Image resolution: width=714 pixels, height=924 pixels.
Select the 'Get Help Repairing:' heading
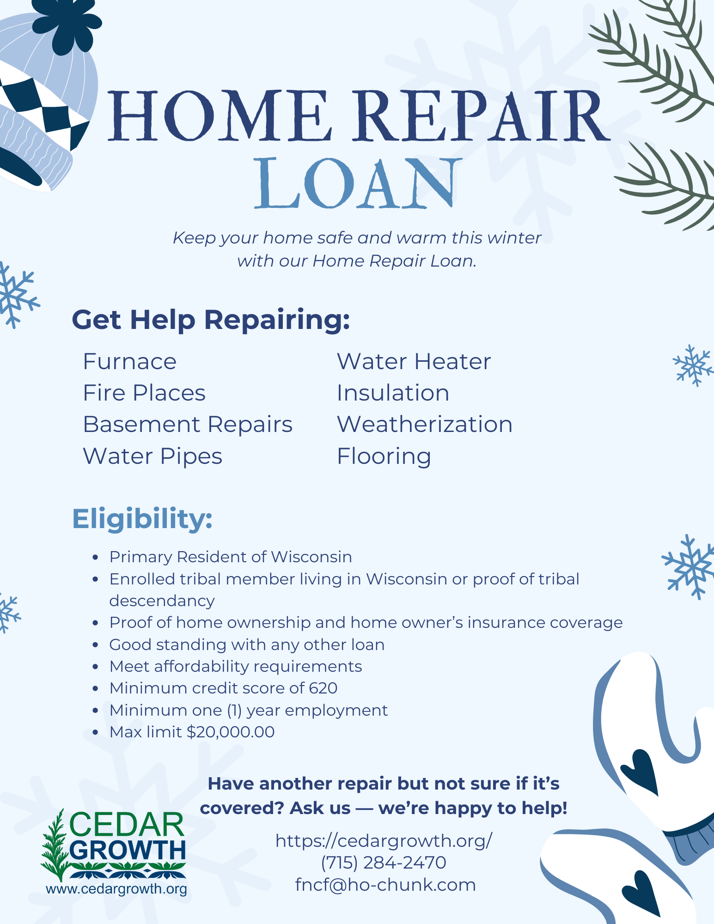click(211, 320)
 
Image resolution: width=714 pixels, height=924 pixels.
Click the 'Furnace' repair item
click(129, 361)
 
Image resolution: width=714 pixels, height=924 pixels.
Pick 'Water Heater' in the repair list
click(414, 361)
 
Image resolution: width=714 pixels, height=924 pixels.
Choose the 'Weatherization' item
click(425, 424)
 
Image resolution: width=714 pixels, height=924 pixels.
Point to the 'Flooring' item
click(384, 456)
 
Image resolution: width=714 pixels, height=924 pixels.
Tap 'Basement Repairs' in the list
click(188, 425)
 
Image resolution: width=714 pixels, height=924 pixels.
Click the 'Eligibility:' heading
click(142, 519)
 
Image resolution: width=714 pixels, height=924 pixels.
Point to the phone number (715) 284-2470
click(384, 863)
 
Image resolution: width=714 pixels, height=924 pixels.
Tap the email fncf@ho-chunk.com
click(385, 885)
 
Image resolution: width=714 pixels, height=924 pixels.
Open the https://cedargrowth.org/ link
click(384, 840)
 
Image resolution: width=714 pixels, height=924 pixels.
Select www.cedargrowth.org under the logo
click(116, 889)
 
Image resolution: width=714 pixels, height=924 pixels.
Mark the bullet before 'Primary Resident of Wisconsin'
click(96, 558)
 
